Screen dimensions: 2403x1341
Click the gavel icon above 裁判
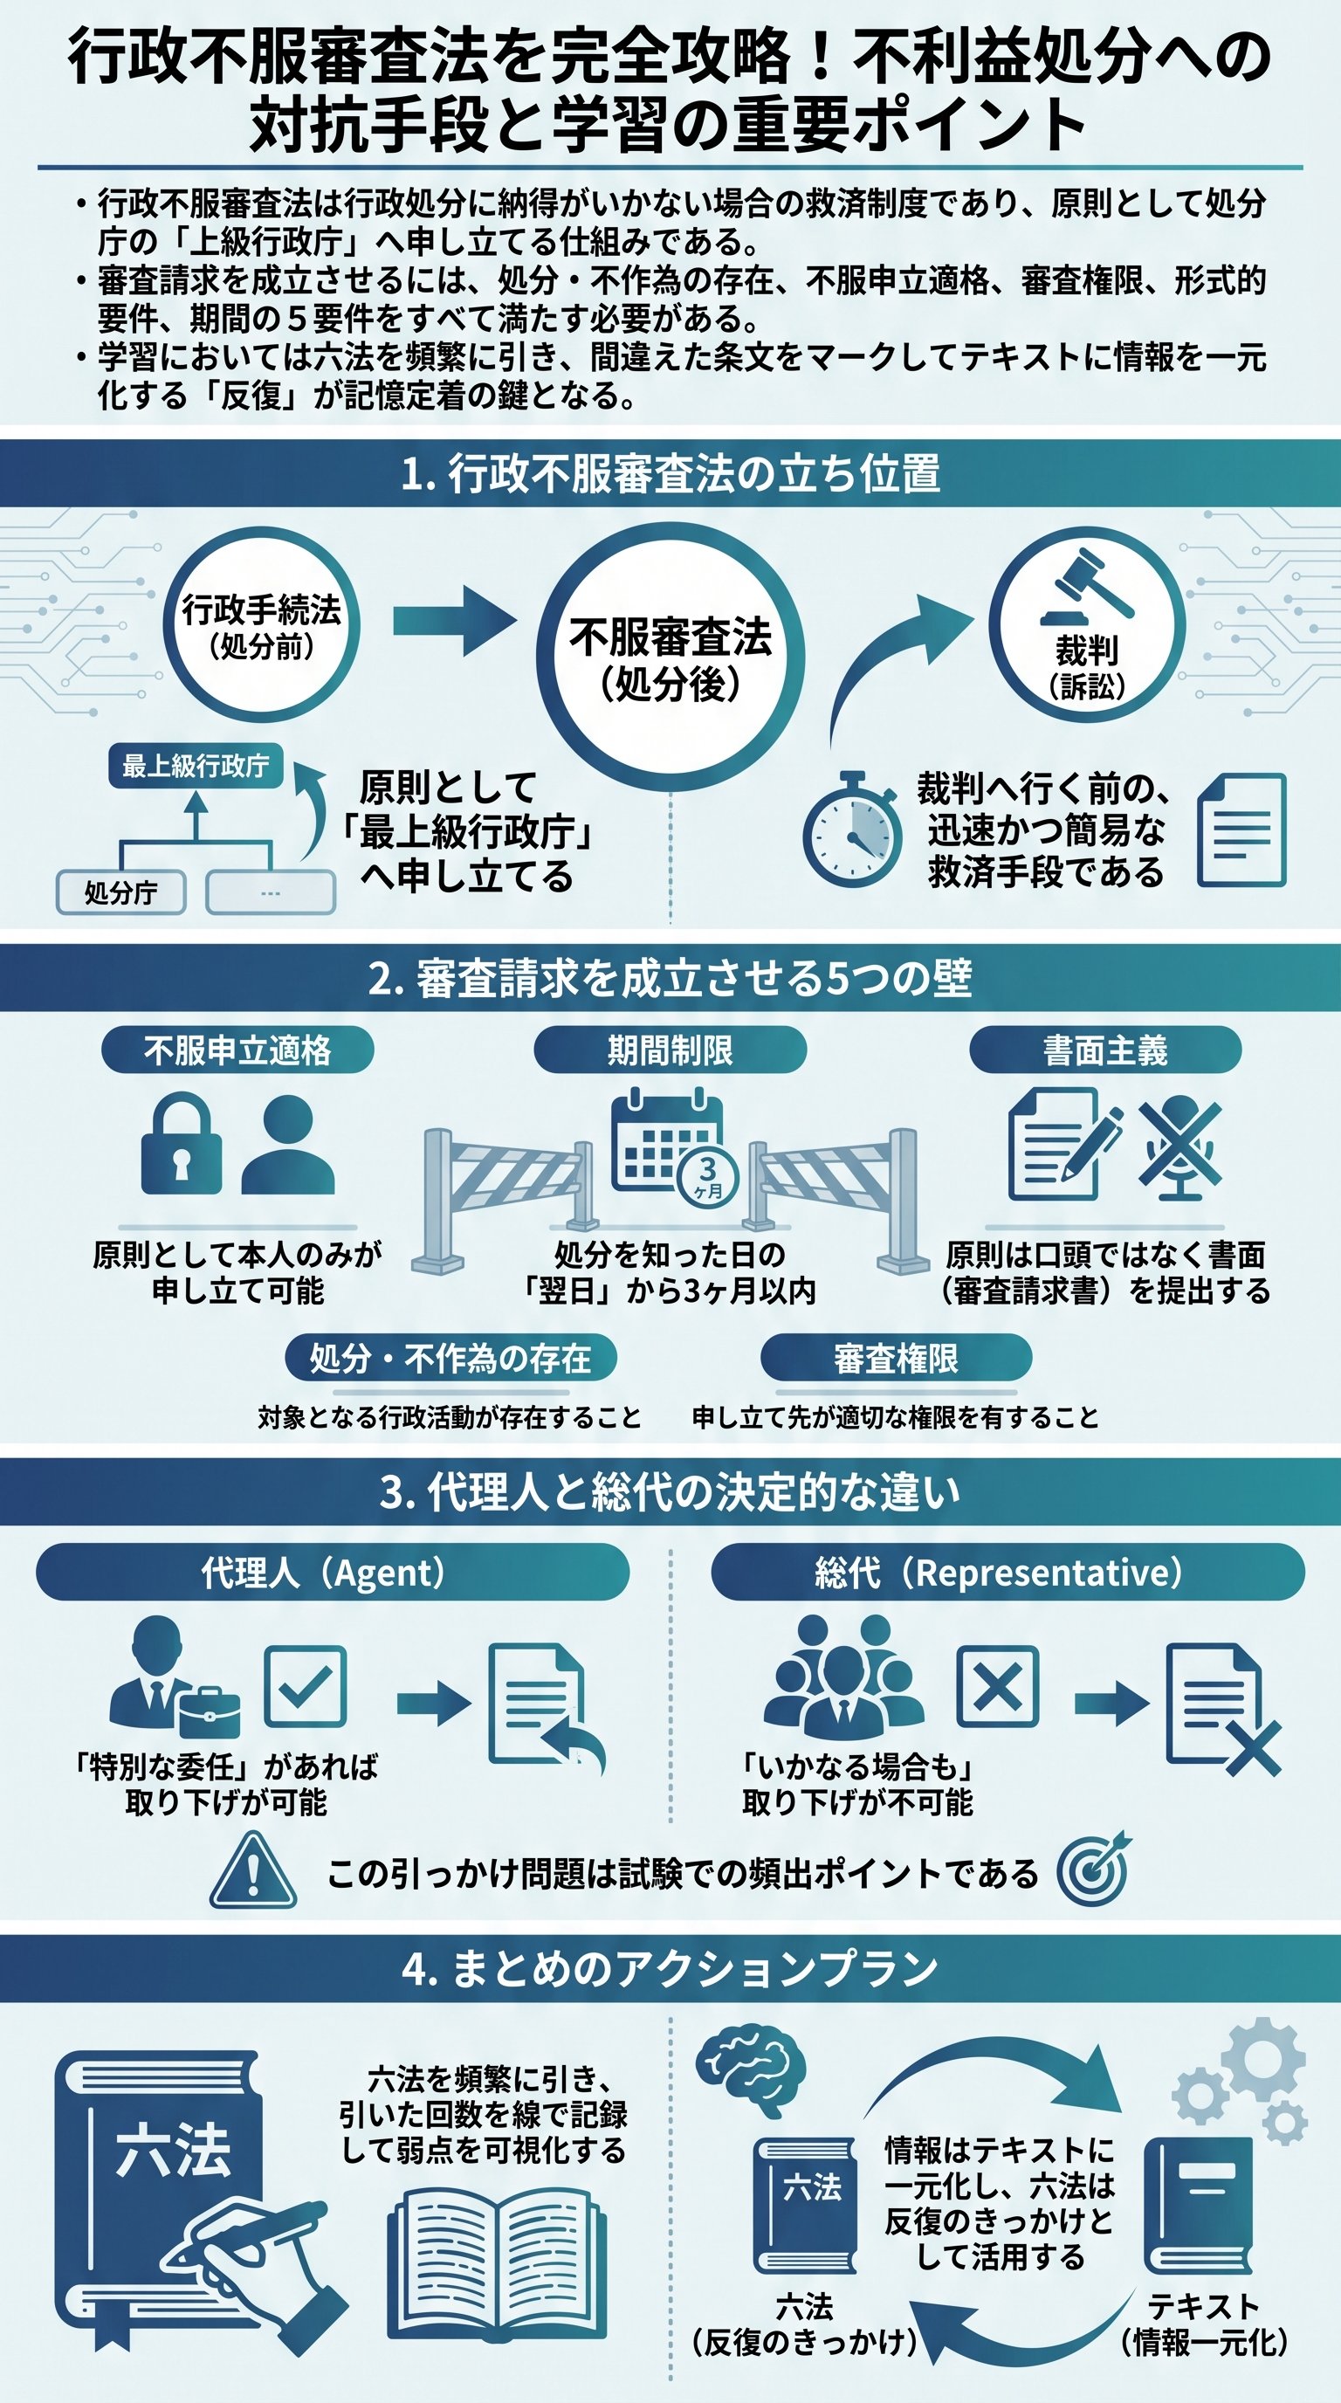(x=1090, y=588)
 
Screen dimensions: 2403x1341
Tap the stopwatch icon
(x=851, y=830)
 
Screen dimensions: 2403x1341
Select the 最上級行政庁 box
(x=196, y=766)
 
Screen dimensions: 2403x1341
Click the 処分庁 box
(x=121, y=892)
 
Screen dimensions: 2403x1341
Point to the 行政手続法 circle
(x=261, y=625)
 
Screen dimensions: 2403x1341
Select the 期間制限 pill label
(x=670, y=1050)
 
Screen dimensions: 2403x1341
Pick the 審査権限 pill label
(x=896, y=1358)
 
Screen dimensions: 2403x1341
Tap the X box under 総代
(x=997, y=1687)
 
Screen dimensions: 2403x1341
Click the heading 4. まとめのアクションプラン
(x=670, y=1968)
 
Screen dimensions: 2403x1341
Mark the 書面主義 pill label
(x=1105, y=1050)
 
